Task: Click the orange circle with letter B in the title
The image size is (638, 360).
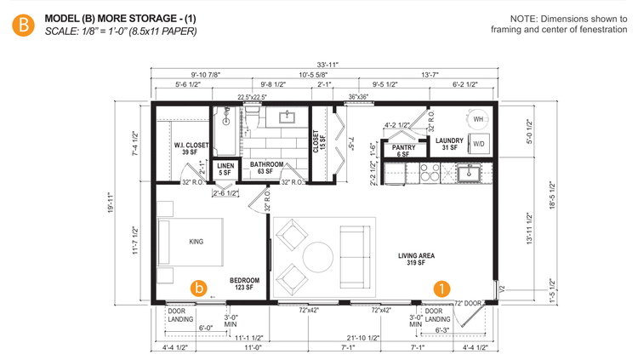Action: point(23,25)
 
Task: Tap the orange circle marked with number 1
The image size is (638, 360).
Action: point(442,288)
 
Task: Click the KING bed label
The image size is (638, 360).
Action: point(197,242)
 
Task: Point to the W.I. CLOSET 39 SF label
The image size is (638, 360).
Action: point(191,149)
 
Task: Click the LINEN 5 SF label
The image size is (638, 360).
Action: point(225,169)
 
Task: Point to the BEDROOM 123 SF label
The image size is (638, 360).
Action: point(244,284)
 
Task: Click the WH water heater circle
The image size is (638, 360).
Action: point(477,119)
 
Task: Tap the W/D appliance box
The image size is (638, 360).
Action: point(479,143)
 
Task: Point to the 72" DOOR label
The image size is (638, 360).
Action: point(470,303)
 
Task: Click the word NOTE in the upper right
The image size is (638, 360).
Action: point(527,19)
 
